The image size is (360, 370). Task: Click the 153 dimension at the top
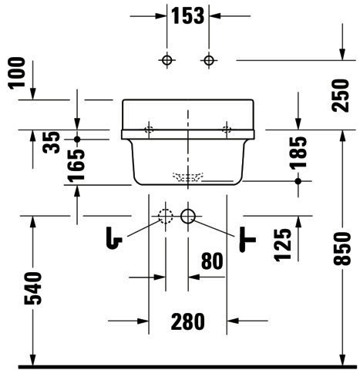[x=187, y=15]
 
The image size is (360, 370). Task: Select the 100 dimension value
[x=17, y=73]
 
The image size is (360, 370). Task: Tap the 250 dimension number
[x=341, y=96]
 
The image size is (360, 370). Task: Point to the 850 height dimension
[x=342, y=248]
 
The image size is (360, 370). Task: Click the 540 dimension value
[x=33, y=288]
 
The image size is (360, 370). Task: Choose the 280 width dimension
[x=188, y=321]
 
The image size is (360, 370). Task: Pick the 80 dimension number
[x=212, y=261]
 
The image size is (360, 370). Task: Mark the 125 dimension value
[x=283, y=245]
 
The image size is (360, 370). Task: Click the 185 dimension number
[x=298, y=153]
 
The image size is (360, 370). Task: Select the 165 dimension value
[x=76, y=166]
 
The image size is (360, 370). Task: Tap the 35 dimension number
[x=51, y=143]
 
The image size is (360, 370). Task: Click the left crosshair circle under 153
[x=167, y=60]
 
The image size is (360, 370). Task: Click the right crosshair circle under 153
[x=209, y=60]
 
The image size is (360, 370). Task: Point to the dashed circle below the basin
[x=166, y=216]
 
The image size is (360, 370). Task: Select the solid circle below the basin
[x=188, y=216]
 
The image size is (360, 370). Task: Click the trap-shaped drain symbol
[x=114, y=238]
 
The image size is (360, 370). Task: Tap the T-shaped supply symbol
[x=247, y=240]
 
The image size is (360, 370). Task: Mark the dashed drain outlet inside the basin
[x=188, y=177]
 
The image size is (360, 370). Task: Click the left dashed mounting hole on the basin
[x=149, y=129]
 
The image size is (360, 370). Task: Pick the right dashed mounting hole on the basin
[x=227, y=129]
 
